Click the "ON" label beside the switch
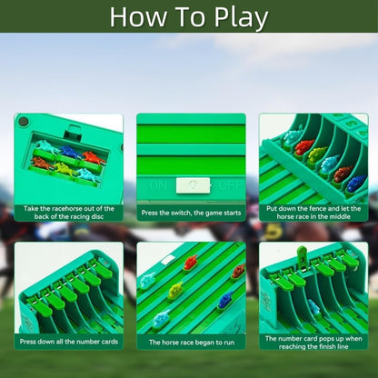coord(158,184)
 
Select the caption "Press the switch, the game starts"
coord(191,213)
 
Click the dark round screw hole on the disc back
coord(24,121)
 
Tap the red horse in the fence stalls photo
coord(303,146)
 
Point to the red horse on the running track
coord(191,264)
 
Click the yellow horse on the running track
coord(174,291)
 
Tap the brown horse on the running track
coord(237,271)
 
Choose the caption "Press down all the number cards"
coord(68,342)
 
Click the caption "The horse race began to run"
coord(191,342)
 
